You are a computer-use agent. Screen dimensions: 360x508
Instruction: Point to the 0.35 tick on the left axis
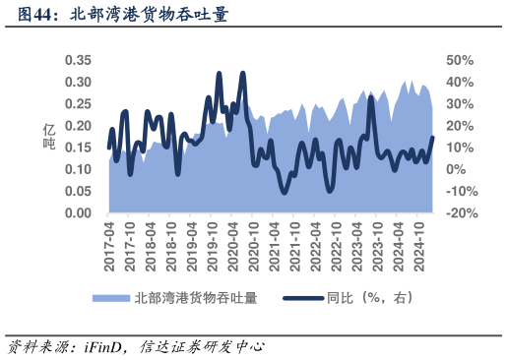tap(78, 60)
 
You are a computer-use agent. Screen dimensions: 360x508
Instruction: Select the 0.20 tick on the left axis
tap(78, 126)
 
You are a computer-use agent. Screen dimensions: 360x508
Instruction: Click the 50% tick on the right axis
tap(461, 60)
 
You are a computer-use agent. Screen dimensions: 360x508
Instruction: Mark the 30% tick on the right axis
tap(461, 104)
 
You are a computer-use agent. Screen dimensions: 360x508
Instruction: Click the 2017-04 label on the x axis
tap(109, 242)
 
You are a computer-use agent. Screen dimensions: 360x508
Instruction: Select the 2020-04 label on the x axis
tap(234, 242)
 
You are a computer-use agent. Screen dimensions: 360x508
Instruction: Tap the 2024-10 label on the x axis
tap(420, 242)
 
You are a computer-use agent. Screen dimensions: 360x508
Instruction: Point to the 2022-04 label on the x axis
tap(317, 242)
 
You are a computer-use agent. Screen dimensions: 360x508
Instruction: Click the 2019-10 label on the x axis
tap(214, 242)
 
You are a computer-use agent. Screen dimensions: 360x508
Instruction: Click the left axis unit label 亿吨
tap(48, 137)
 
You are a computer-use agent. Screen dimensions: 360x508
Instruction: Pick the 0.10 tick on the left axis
tap(78, 169)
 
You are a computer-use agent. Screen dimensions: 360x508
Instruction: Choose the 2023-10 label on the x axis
tap(379, 242)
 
